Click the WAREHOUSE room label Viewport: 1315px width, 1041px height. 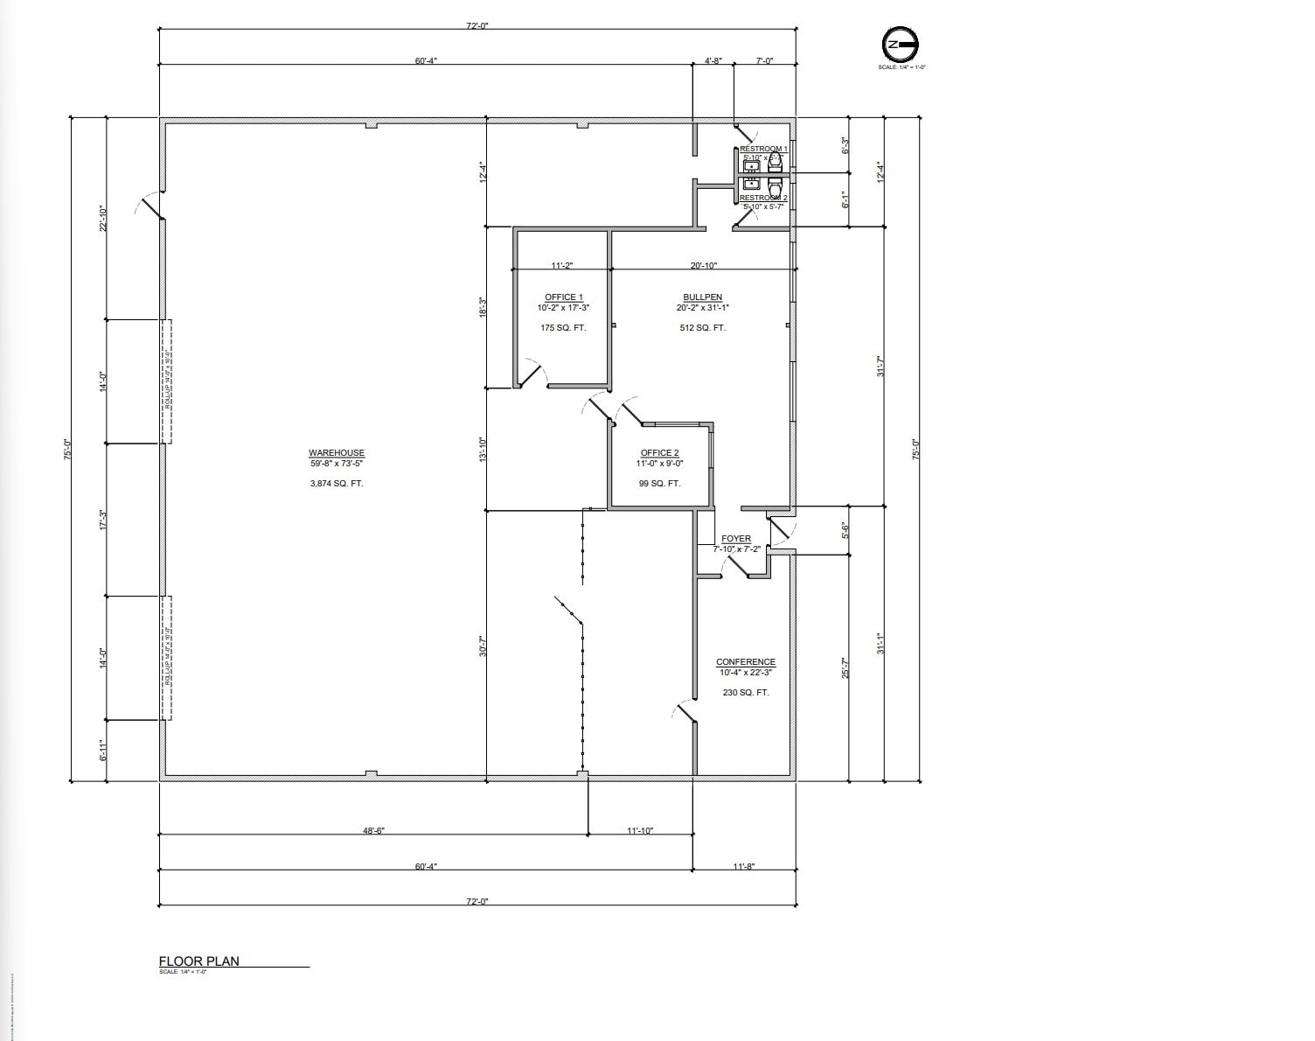336,453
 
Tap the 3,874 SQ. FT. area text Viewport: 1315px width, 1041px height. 336,484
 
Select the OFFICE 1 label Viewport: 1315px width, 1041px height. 563,297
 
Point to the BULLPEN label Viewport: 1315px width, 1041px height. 702,297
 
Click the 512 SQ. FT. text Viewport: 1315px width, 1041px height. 702,328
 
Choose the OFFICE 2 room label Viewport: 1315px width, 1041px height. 659,453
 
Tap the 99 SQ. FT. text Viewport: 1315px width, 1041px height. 659,484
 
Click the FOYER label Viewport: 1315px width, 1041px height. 736,539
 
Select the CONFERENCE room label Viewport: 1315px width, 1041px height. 745,662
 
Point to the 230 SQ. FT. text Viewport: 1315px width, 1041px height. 745,693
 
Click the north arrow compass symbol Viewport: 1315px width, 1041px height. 901,45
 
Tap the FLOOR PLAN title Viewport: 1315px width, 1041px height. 198,961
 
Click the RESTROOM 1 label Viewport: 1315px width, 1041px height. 763,150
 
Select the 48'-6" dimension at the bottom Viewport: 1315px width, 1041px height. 374,830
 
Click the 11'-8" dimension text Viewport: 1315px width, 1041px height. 743,866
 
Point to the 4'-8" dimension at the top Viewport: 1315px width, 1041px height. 713,61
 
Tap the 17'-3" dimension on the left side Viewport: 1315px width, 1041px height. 102,520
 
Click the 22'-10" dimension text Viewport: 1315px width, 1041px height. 102,219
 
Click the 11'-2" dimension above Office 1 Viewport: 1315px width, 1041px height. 561,266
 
